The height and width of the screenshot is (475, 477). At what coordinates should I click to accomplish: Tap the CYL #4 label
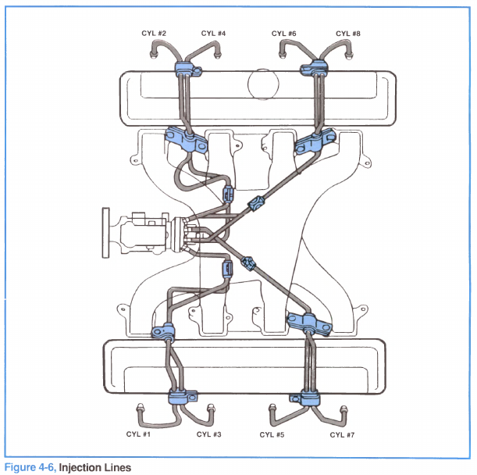tap(213, 34)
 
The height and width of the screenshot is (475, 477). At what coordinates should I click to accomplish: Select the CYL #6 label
tap(284, 34)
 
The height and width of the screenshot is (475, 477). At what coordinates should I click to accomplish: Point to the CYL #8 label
tap(348, 34)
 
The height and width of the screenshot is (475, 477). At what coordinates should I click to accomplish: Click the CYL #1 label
tap(138, 434)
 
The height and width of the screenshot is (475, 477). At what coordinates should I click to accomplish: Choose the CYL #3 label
tap(208, 434)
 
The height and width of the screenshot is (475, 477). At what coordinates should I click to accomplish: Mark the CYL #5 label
tap(270, 434)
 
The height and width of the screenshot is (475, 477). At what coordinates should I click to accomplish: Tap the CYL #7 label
tap(342, 434)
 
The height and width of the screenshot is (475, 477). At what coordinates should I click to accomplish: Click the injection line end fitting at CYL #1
tap(141, 409)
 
